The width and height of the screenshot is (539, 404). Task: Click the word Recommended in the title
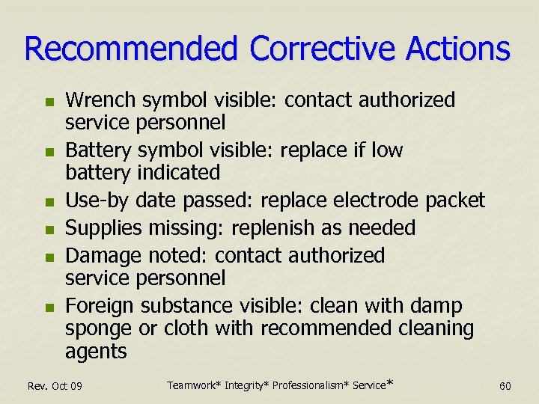(131, 49)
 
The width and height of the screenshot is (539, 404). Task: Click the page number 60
(505, 386)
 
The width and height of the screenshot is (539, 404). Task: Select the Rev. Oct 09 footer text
(55, 386)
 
